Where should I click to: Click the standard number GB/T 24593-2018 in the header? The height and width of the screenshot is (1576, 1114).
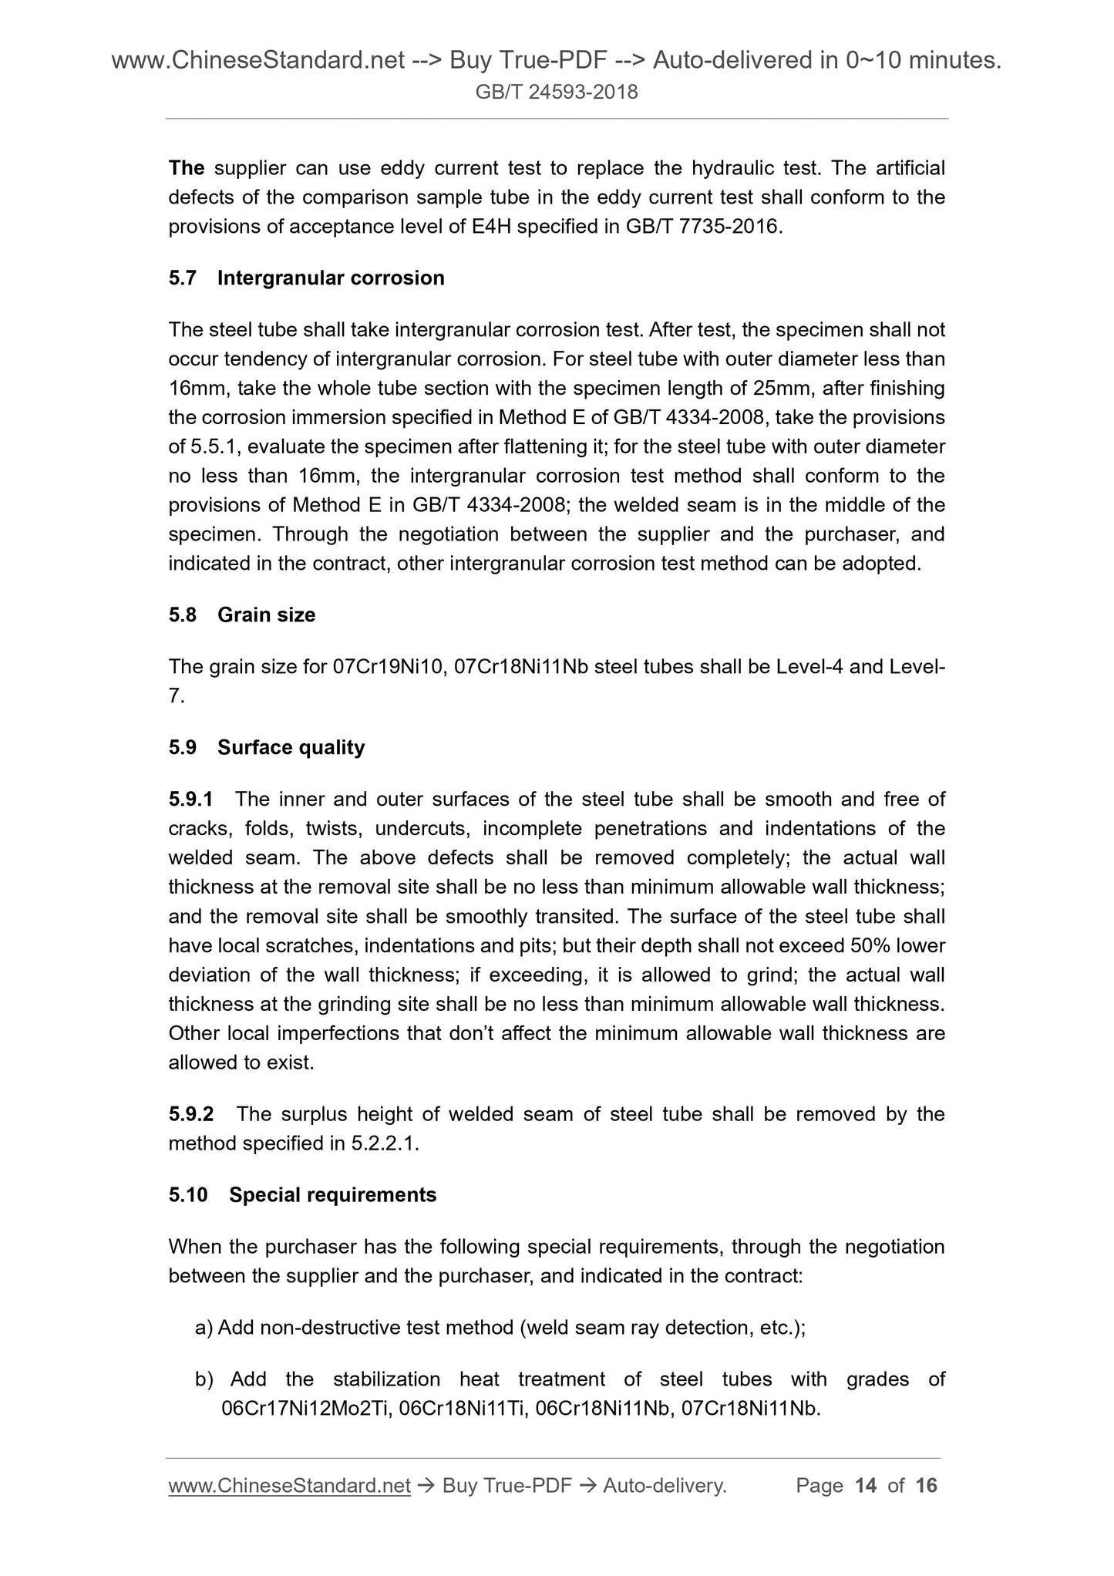pos(557,93)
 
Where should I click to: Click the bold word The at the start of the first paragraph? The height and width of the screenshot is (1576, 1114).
pos(186,168)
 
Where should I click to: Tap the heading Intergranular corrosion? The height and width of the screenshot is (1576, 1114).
pos(331,278)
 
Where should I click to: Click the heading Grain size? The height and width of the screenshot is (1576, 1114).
pos(266,615)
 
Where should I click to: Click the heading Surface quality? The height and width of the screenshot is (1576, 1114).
pos(291,748)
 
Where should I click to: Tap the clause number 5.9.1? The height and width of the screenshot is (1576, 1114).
pos(190,800)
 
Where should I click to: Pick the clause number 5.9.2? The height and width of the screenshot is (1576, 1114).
pos(191,1114)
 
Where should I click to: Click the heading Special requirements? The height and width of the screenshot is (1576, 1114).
pos(332,1195)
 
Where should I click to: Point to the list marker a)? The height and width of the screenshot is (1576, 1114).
pos(204,1328)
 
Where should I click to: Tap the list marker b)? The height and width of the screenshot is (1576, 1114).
pos(204,1379)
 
